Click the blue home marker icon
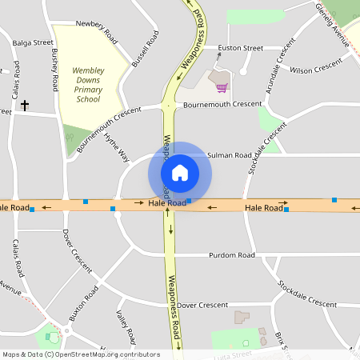point(180,172)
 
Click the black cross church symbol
point(25,106)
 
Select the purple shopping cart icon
point(222,86)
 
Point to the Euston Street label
point(241,48)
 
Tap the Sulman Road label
point(230,154)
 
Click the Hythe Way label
point(117,146)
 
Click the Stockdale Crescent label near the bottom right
point(307,294)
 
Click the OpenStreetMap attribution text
point(81,354)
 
